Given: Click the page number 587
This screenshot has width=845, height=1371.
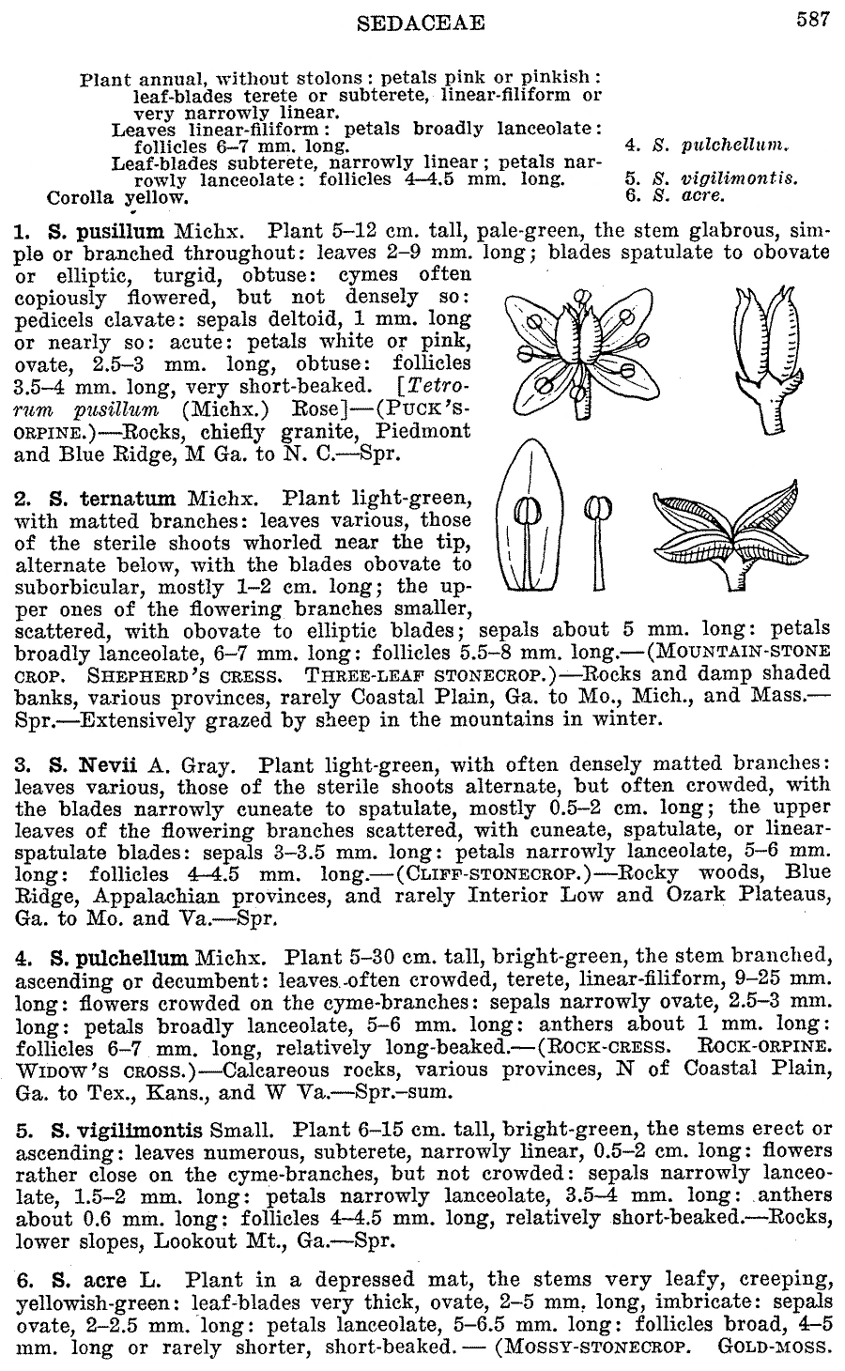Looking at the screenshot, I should coord(812,20).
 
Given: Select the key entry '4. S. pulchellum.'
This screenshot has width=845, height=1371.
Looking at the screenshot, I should coord(707,146).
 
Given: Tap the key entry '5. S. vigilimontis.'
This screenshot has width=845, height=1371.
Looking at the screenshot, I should coord(712,177).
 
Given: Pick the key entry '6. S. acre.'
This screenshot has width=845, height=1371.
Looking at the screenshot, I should coord(675,196).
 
